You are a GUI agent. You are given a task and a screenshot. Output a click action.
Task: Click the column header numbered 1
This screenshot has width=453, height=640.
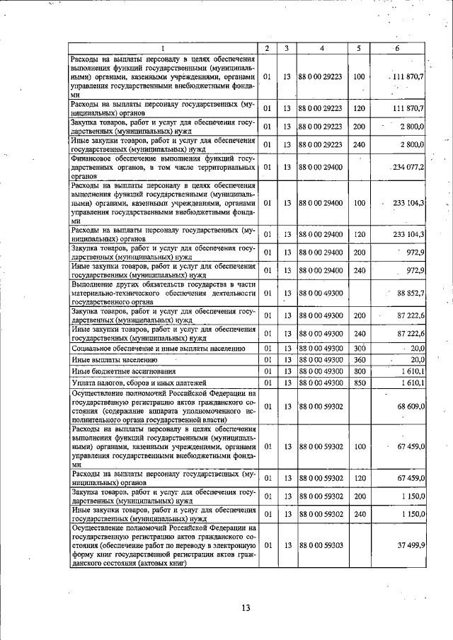(x=162, y=48)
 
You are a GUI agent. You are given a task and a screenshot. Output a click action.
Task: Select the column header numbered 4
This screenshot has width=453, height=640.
(x=321, y=48)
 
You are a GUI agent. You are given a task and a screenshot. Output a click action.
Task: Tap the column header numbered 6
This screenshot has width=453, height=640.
(x=397, y=48)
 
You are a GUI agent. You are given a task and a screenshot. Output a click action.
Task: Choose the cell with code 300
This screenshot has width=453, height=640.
(x=359, y=348)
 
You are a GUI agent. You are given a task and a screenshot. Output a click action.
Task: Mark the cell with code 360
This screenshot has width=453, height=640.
(x=359, y=359)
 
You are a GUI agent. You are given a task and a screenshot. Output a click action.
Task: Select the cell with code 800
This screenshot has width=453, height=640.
(x=359, y=371)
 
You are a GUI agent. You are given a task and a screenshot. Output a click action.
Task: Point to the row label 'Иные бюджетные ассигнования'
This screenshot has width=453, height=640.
(x=120, y=371)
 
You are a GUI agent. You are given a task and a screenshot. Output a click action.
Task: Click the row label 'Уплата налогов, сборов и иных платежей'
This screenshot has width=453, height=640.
(x=138, y=383)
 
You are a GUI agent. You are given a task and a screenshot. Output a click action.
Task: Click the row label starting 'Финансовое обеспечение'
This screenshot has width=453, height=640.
(x=162, y=168)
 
